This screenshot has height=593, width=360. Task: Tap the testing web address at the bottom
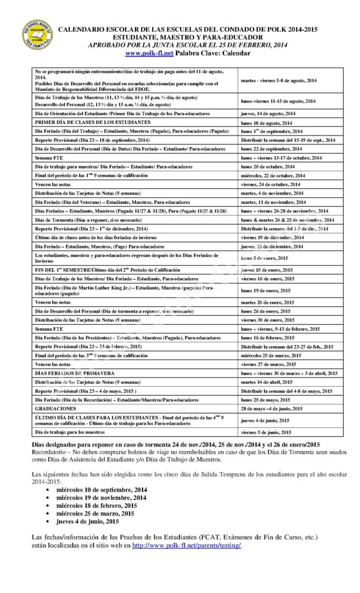click(x=186, y=546)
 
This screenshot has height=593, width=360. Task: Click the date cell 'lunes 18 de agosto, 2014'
click(x=267, y=123)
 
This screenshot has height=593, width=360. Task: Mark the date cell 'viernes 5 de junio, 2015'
click(x=266, y=432)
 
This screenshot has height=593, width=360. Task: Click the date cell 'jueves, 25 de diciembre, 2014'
click(x=272, y=246)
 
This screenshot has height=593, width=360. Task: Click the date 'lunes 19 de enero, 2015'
click(x=266, y=290)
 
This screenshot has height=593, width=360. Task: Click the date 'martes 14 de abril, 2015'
click(x=268, y=382)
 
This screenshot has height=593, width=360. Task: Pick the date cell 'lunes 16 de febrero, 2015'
click(x=267, y=337)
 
